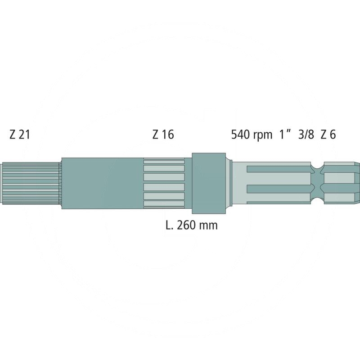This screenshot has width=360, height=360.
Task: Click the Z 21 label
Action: (19, 135)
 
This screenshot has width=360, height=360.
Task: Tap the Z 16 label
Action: (163, 135)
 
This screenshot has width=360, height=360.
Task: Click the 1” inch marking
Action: (284, 135)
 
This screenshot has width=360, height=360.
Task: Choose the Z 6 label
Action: (328, 135)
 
